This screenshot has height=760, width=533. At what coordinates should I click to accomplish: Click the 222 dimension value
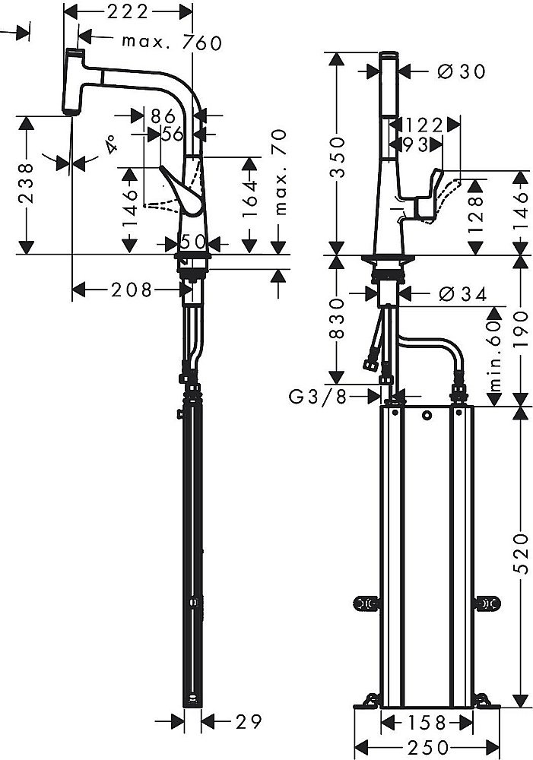click(x=127, y=11)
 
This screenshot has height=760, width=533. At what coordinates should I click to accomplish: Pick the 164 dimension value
click(x=252, y=204)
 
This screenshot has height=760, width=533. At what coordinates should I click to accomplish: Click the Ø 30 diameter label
click(x=462, y=71)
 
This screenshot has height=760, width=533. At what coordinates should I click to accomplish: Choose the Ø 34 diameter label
click(x=462, y=294)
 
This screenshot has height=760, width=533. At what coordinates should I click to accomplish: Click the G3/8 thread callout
click(x=320, y=395)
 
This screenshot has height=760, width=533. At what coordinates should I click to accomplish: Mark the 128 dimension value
click(x=477, y=215)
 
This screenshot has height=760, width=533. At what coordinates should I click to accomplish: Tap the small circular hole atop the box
click(x=427, y=415)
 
